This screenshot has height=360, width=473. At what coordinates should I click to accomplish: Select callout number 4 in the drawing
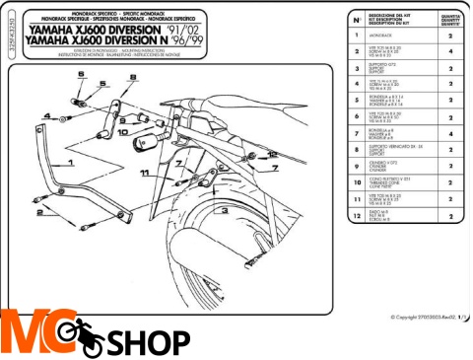[45, 114]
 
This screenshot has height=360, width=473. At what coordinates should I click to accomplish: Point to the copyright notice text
[424, 317]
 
